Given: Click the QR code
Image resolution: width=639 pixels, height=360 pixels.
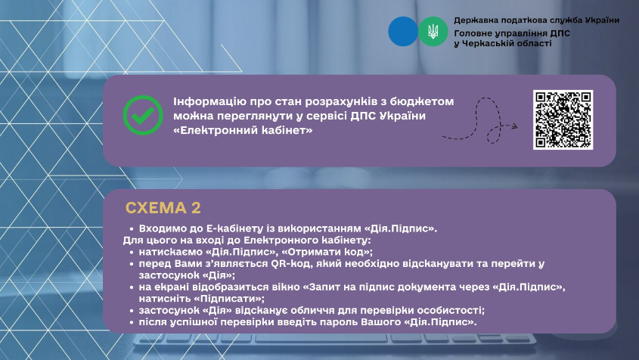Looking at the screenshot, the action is point(563,119).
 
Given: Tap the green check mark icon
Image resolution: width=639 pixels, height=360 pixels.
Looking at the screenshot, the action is point(143,116).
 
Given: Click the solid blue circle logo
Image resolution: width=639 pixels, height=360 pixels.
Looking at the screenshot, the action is point(403,32).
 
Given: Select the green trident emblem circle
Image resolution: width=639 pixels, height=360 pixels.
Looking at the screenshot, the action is point(433,32).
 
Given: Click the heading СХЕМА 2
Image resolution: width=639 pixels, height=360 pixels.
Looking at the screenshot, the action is point(163,208).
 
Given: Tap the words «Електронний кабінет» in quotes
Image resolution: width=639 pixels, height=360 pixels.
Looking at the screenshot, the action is point(243,131).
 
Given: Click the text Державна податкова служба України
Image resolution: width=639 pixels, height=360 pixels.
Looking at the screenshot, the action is point(536,20).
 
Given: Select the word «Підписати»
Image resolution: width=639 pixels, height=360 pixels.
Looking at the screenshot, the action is point(227,299).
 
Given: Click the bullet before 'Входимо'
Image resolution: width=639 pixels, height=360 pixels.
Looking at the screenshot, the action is point(132,228).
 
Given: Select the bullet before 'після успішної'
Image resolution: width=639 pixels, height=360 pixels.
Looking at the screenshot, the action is point(132,322).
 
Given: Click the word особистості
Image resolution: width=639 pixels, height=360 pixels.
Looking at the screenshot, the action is point(453,310).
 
